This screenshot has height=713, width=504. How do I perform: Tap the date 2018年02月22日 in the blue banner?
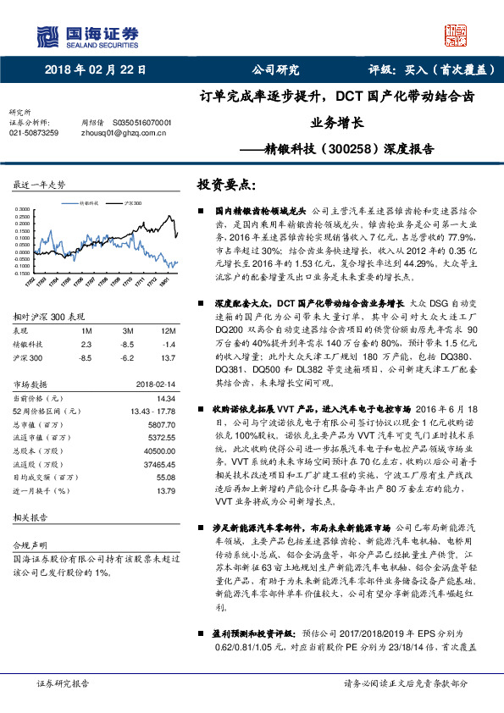tap(95, 70)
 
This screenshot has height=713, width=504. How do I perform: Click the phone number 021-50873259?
tap(34, 133)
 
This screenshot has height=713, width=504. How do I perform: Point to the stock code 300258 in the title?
tap(349, 148)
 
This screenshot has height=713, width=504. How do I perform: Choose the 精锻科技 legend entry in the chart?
tap(88, 204)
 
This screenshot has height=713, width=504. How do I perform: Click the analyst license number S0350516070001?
tap(141, 122)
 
